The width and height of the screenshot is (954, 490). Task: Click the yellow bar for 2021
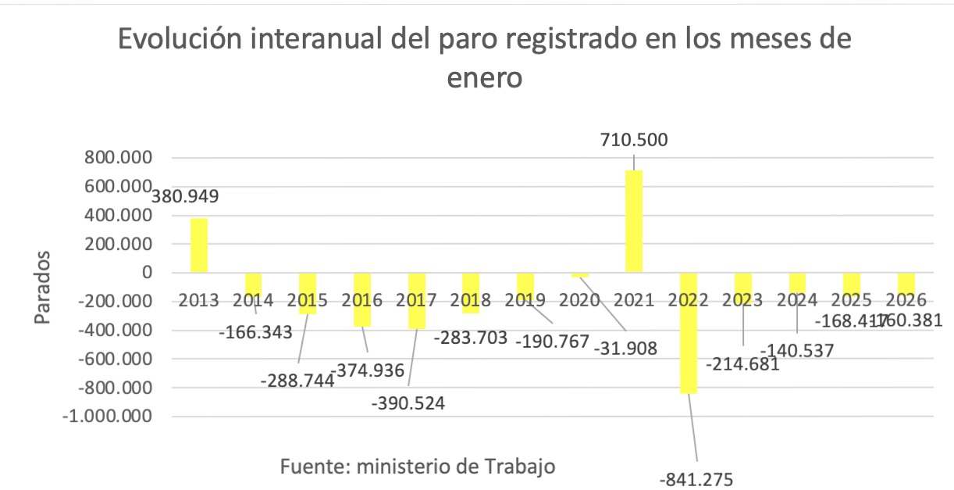click(633, 221)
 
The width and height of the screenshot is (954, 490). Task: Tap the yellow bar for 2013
click(199, 245)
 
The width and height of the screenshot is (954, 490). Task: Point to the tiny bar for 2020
click(579, 275)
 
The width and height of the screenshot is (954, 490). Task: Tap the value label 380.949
click(185, 196)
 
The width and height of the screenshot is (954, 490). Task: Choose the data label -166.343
click(258, 332)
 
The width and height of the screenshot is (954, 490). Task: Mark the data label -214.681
click(742, 364)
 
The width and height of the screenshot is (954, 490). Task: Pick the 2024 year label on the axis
click(796, 299)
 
